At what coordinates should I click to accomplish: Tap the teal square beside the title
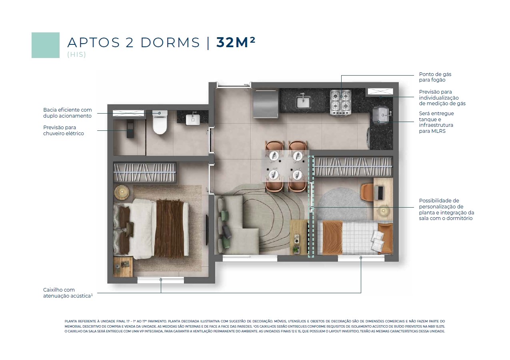coord(46,45)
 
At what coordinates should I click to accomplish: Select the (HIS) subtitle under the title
coord(76,55)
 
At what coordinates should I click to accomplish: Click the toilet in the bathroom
coord(160,122)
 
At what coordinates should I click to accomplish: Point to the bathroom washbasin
coord(193,120)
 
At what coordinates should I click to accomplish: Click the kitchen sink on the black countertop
coord(303,102)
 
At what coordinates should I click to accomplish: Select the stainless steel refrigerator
coord(266,104)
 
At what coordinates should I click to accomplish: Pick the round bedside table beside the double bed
coord(122,192)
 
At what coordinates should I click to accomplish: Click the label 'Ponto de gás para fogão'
coord(435,77)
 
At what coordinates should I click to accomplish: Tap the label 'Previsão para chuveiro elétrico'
coord(64,130)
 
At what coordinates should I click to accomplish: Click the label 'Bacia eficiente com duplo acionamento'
coord(67,113)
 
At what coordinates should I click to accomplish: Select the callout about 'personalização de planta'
coord(446,210)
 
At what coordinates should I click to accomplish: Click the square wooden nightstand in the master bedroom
coord(123,267)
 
